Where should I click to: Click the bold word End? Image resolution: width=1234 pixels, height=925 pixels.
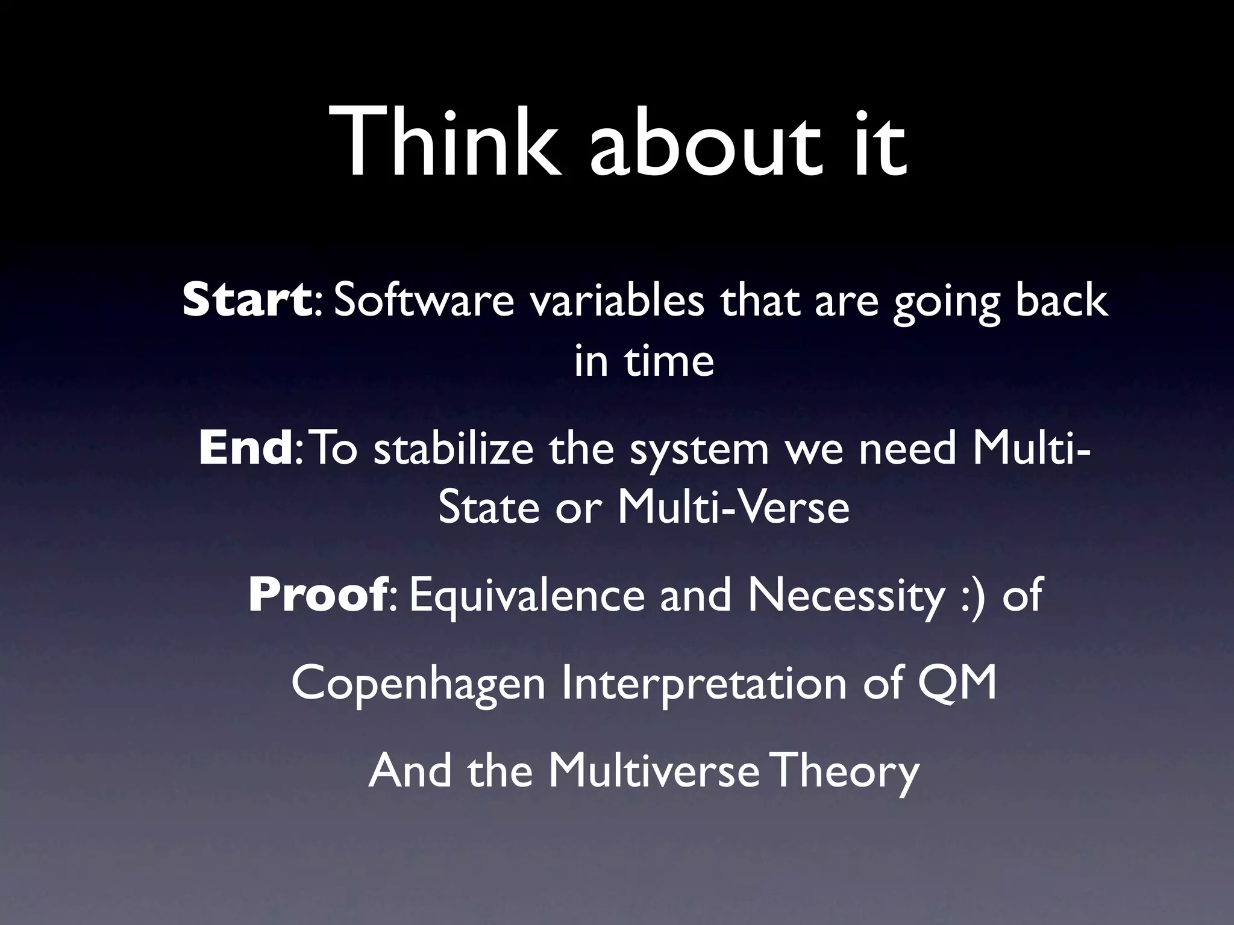click(x=245, y=448)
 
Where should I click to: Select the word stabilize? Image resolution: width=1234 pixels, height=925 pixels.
click(x=453, y=448)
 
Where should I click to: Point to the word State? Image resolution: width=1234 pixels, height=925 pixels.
click(x=489, y=507)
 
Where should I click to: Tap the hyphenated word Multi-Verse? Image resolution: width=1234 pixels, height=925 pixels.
click(x=733, y=507)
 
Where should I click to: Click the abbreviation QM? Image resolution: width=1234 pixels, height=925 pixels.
click(x=957, y=683)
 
